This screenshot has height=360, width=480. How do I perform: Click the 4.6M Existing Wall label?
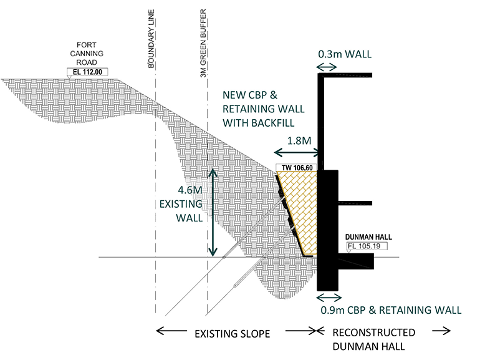[x=181, y=203]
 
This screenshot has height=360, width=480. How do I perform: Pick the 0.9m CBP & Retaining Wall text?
[x=391, y=310]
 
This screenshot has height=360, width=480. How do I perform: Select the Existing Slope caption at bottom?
[x=234, y=334]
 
